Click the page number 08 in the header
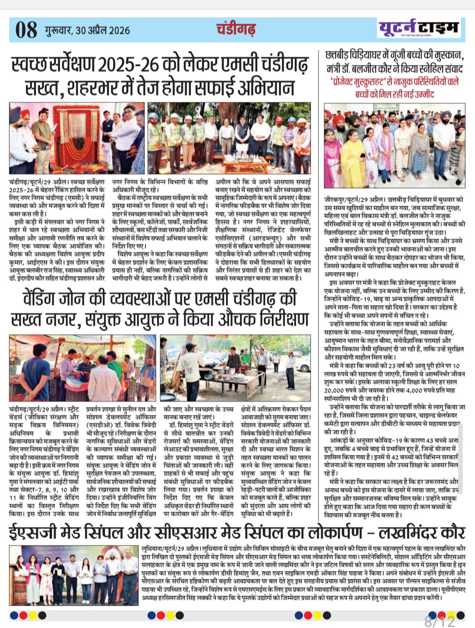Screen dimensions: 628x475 pyautogui.click(x=26, y=30)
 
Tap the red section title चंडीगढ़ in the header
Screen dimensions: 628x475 pyautogui.click(x=236, y=29)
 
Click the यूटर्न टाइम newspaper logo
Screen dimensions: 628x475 pyautogui.click(x=419, y=28)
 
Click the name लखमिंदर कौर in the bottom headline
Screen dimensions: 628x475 pyautogui.click(x=422, y=532)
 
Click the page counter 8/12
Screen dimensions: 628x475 pyautogui.click(x=439, y=621)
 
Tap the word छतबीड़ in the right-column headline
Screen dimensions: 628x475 pyautogui.click(x=339, y=56)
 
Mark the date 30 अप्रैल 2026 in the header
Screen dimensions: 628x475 pyautogui.click(x=103, y=30)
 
